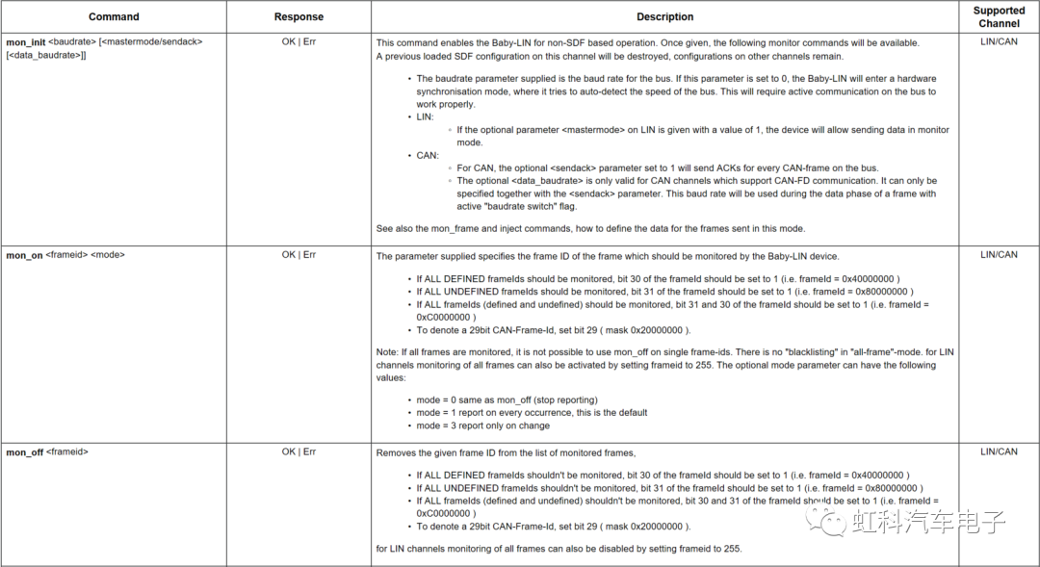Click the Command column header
pos(114,16)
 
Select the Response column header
pos(299,16)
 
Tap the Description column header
pos(664,16)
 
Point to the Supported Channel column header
pos(999,16)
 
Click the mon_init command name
pos(25,42)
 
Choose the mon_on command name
pos(24,255)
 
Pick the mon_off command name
pos(25,451)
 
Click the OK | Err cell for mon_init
pos(299,42)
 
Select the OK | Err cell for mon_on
pos(299,255)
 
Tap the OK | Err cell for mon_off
pos(299,451)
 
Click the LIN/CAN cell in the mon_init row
pos(999,42)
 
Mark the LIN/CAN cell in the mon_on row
pos(999,255)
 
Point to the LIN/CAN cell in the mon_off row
pos(999,451)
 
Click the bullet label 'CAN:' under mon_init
pos(428,155)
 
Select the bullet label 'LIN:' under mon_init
pos(425,116)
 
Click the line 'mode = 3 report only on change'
pos(483,425)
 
